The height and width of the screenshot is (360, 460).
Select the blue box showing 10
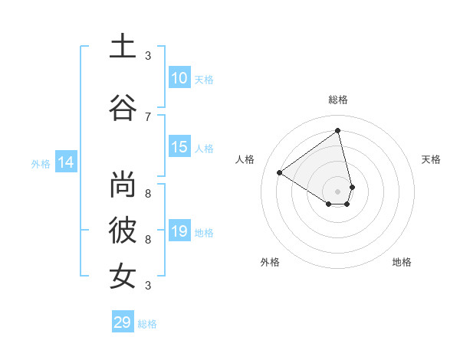click(179, 78)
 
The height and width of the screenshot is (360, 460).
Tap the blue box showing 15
click(179, 147)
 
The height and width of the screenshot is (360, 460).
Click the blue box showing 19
click(179, 231)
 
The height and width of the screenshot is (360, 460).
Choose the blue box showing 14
click(66, 162)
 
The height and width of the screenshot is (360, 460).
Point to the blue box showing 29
click(123, 322)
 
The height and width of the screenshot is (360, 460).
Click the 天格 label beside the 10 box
click(204, 80)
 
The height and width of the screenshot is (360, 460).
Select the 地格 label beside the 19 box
click(204, 233)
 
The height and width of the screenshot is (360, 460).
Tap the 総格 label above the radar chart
click(338, 100)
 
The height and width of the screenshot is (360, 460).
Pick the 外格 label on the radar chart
click(270, 262)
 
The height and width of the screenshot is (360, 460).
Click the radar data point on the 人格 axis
click(280, 173)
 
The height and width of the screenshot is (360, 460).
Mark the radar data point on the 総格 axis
click(338, 130)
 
